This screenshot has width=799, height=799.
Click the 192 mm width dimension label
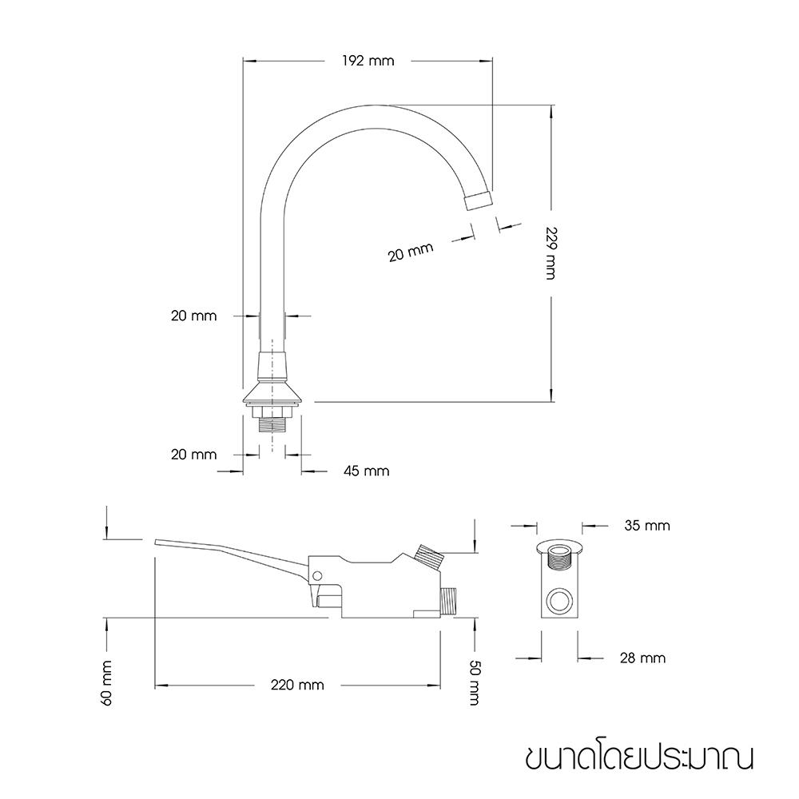368,61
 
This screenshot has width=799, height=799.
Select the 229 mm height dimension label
550,254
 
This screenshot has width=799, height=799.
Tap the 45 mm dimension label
366,471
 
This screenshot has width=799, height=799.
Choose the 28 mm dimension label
642,658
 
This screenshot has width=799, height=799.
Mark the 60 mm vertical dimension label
106,682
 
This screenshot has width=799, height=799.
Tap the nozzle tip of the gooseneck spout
479,199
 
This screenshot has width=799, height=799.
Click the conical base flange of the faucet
273,394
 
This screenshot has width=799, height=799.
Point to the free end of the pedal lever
160,543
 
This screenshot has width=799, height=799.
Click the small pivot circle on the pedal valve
317,575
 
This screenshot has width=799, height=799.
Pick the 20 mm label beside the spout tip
410,252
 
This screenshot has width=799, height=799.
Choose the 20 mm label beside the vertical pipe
193,316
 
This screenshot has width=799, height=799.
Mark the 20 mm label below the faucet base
193,455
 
